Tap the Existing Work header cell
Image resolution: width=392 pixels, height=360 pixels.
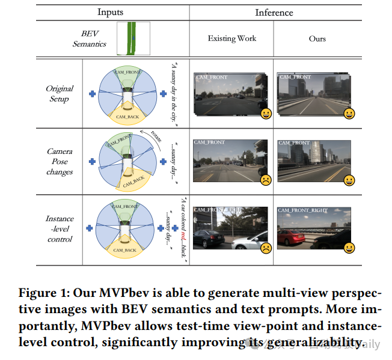[x=231, y=38]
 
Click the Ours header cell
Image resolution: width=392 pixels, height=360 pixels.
[x=317, y=38]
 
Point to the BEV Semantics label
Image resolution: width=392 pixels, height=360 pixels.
[x=90, y=38]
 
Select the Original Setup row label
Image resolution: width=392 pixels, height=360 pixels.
[x=60, y=93]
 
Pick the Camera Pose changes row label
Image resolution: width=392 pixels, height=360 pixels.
[x=60, y=162]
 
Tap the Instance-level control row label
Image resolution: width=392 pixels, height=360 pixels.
[x=60, y=229]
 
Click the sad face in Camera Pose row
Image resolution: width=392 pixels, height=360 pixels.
[x=265, y=179]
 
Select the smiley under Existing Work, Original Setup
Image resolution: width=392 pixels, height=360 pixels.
[x=265, y=113]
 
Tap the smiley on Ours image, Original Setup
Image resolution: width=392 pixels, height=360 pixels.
[x=349, y=113]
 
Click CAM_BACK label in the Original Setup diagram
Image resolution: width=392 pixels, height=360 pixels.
[x=128, y=116]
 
